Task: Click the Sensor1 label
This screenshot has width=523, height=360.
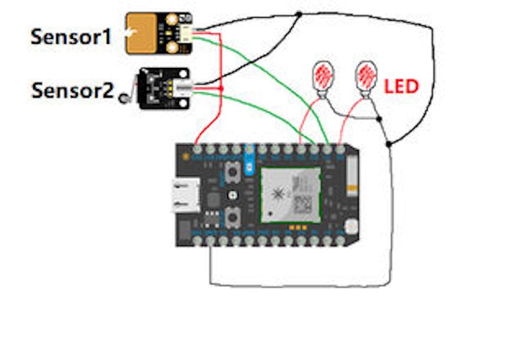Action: [x=71, y=37]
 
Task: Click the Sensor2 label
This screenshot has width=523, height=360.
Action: [x=72, y=91]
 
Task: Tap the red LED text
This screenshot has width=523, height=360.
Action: [x=401, y=87]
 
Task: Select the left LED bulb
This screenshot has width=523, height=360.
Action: [x=322, y=76]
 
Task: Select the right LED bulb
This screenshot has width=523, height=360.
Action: [x=366, y=76]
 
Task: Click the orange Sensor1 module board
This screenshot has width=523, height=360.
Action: [x=152, y=33]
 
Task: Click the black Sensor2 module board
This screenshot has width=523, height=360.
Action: [x=159, y=88]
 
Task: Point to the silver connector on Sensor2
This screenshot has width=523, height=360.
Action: [x=185, y=90]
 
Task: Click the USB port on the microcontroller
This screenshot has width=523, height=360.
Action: [x=183, y=195]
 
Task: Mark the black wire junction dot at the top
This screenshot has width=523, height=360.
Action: [x=299, y=14]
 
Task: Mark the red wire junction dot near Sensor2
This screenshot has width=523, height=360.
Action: [x=222, y=88]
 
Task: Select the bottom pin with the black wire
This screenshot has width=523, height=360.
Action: [x=211, y=241]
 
